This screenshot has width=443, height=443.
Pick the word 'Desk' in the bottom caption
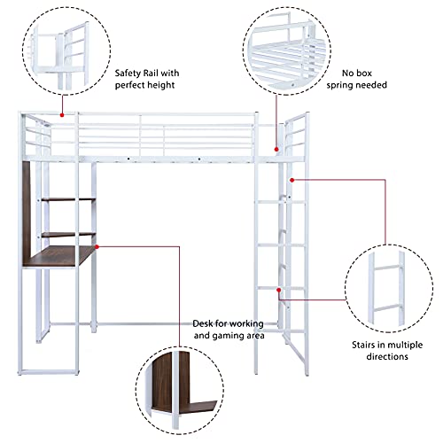[x=202, y=323]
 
